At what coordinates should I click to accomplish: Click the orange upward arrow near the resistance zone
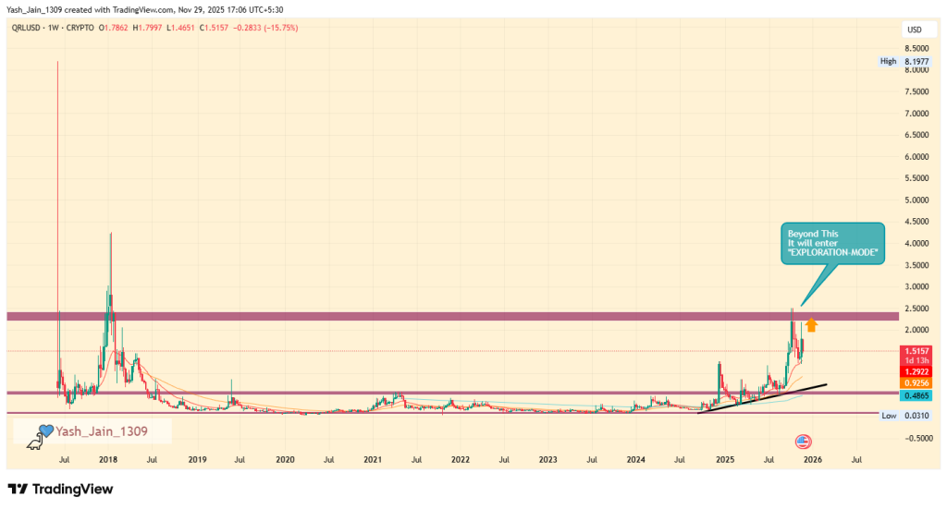pos(811,324)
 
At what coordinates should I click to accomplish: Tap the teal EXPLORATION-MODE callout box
pos(832,242)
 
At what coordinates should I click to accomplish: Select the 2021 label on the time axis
pos(373,458)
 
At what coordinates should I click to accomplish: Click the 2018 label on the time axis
pos(108,458)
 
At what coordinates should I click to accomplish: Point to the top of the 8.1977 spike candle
pos(57,62)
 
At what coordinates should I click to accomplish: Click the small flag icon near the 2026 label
pos(803,441)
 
